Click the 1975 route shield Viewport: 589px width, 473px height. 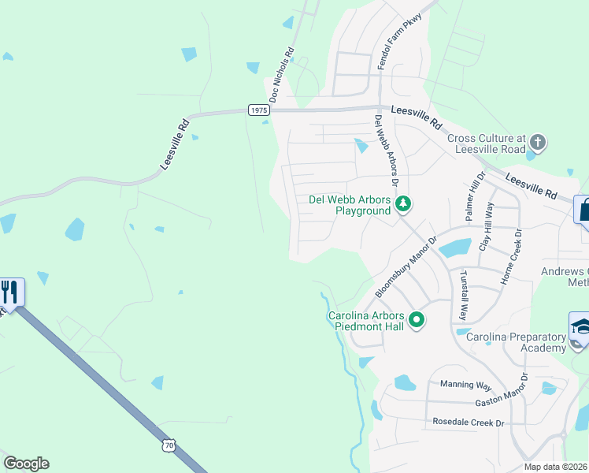click(259, 110)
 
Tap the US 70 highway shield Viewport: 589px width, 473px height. click(169, 446)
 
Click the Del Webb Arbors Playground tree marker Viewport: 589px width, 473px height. click(403, 204)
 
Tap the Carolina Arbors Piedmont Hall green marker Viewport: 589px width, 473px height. click(417, 320)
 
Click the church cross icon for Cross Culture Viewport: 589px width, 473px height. click(538, 143)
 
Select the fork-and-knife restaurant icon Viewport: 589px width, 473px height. click(10, 292)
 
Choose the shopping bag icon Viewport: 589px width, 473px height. click(583, 210)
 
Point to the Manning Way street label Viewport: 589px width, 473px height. click(465, 385)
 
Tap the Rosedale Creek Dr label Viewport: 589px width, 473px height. click(468, 423)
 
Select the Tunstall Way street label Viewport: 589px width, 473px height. click(464, 295)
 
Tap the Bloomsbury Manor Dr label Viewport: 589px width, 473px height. click(405, 268)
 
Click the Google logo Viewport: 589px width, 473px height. click(26, 464)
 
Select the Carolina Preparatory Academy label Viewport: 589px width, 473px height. click(517, 342)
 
